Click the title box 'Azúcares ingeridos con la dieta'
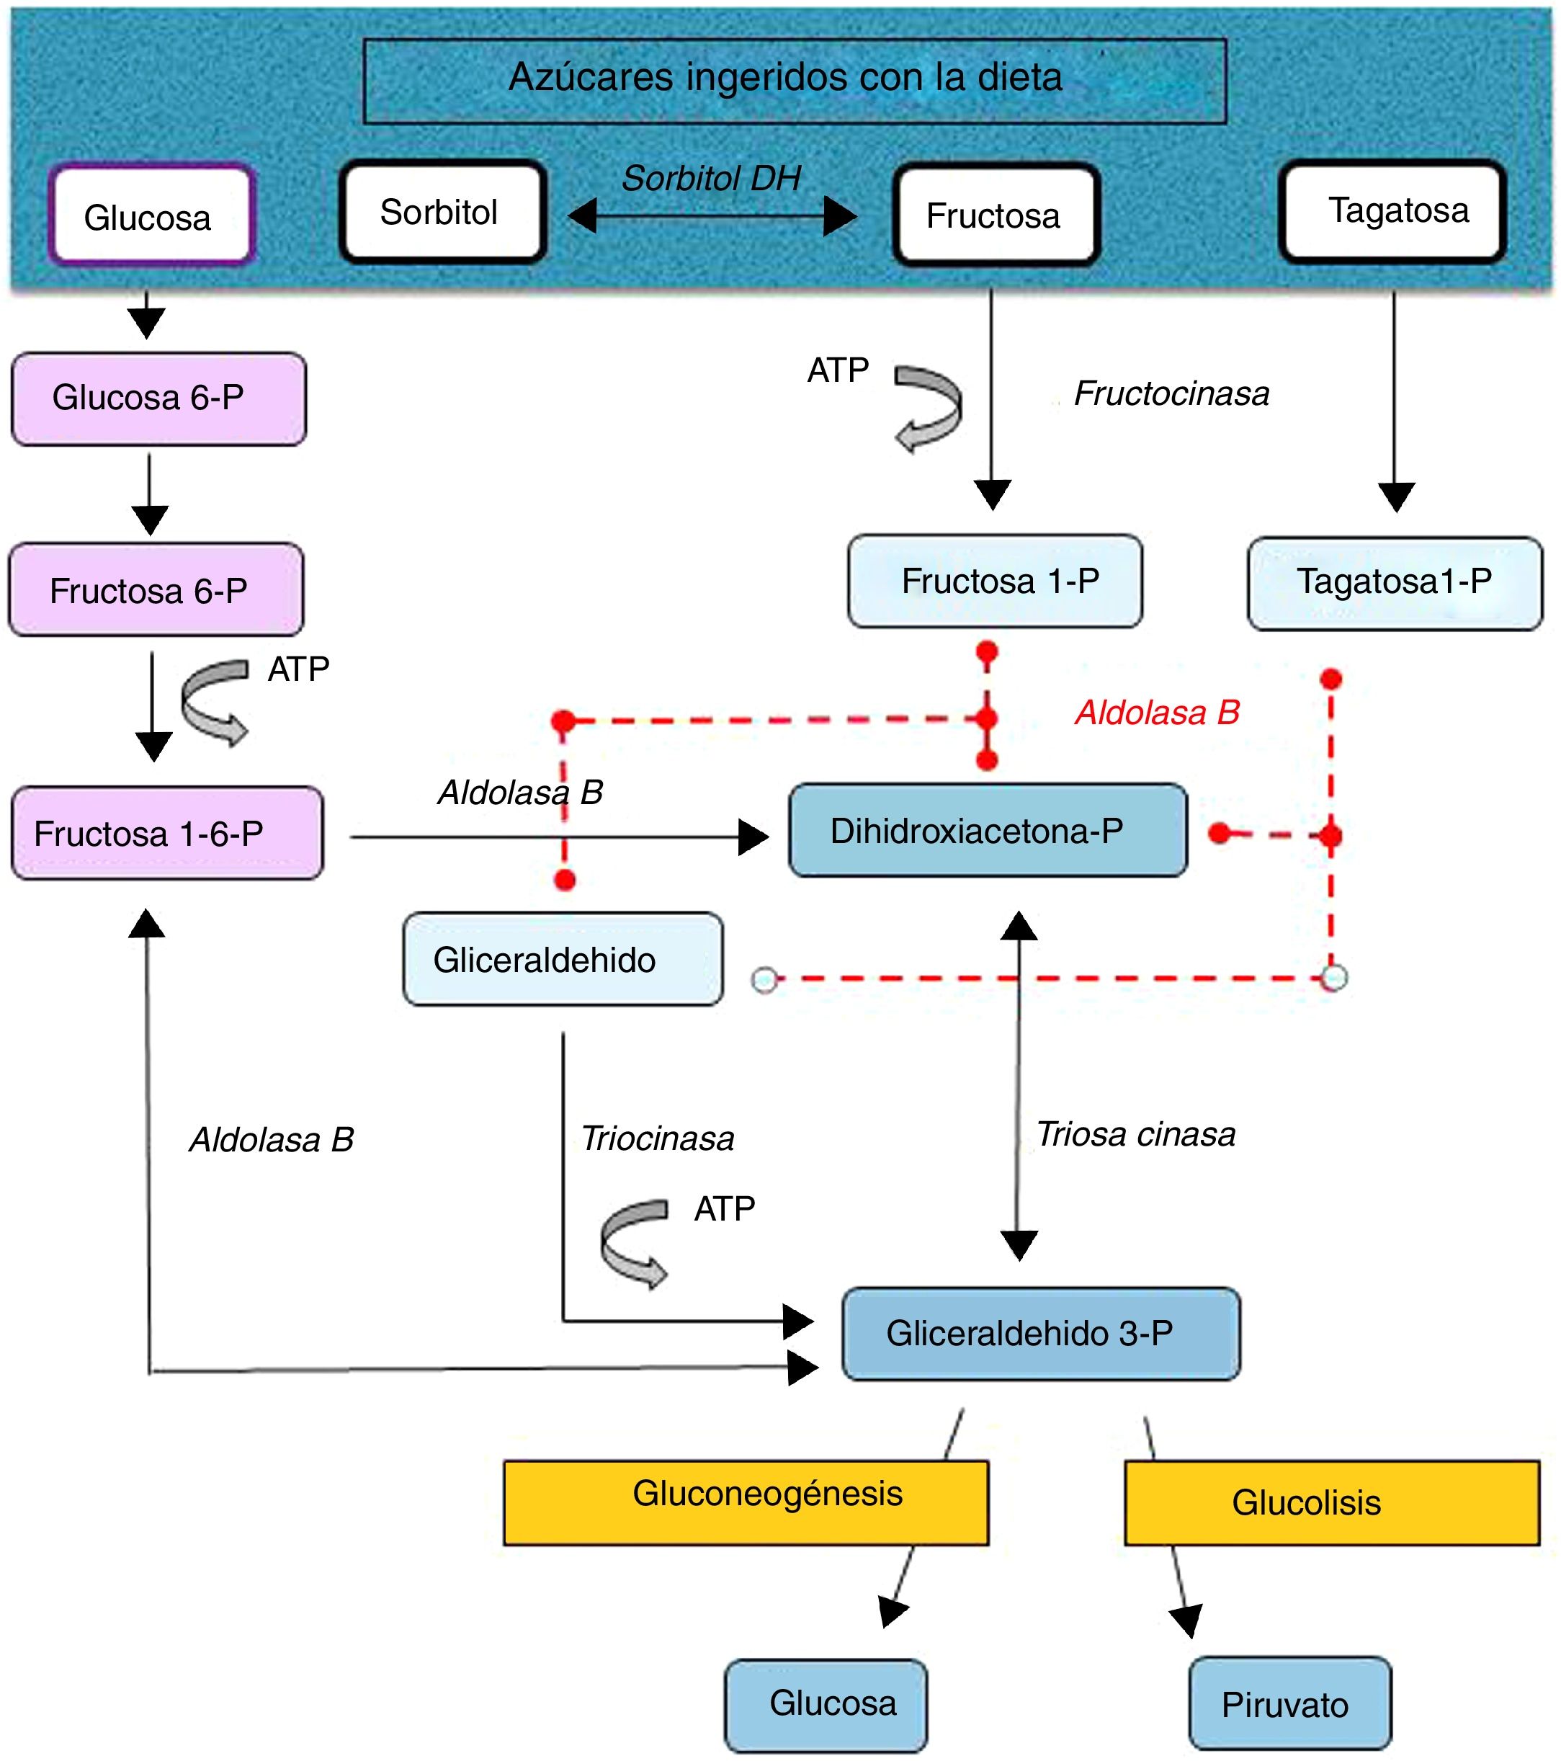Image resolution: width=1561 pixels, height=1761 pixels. tap(795, 81)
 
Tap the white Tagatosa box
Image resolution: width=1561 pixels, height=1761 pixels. tap(1393, 211)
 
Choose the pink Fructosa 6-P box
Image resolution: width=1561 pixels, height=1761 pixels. tap(156, 590)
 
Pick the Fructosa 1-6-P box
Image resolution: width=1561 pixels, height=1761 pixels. tap(167, 833)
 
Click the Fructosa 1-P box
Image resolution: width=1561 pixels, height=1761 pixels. tap(995, 581)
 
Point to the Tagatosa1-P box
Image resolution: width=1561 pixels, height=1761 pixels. tap(1395, 583)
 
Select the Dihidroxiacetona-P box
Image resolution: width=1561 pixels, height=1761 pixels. tap(988, 831)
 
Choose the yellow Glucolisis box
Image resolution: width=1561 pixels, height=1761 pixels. tap(1331, 1502)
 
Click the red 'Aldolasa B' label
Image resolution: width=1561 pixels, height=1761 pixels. tap(1156, 713)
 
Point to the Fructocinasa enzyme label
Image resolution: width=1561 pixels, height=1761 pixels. tap(1171, 393)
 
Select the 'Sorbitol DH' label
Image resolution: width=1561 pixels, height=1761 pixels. tap(711, 179)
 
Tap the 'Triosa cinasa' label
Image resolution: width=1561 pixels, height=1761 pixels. tap(1135, 1135)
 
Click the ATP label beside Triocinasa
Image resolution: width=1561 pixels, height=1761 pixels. tap(725, 1209)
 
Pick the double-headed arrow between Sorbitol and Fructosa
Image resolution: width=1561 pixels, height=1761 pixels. tap(712, 215)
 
